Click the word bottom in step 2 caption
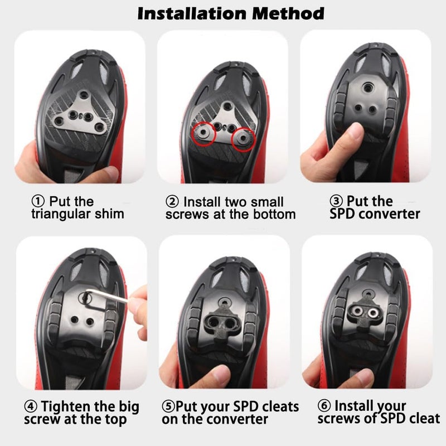[x=273, y=213]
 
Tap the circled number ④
[x=31, y=406]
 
